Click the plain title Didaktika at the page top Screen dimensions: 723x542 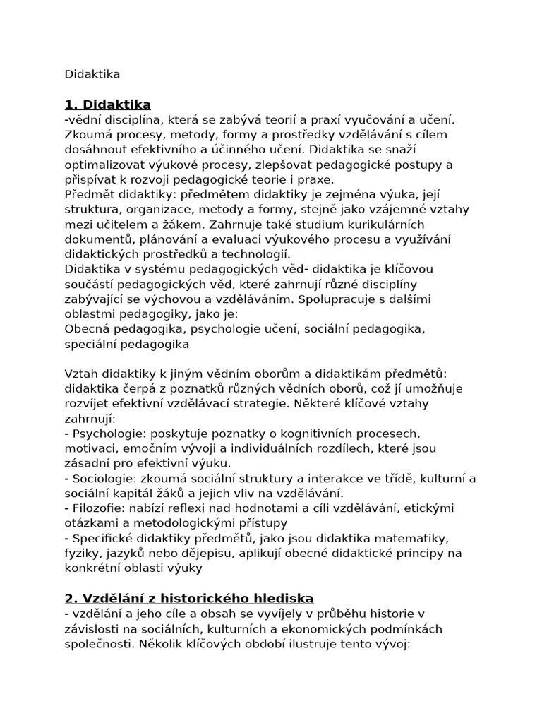(92, 74)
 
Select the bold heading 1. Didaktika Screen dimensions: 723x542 (107, 105)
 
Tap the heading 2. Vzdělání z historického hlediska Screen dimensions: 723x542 (189, 598)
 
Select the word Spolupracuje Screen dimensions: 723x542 (335, 299)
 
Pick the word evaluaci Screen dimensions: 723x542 (222, 239)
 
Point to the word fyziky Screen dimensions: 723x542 (81, 553)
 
